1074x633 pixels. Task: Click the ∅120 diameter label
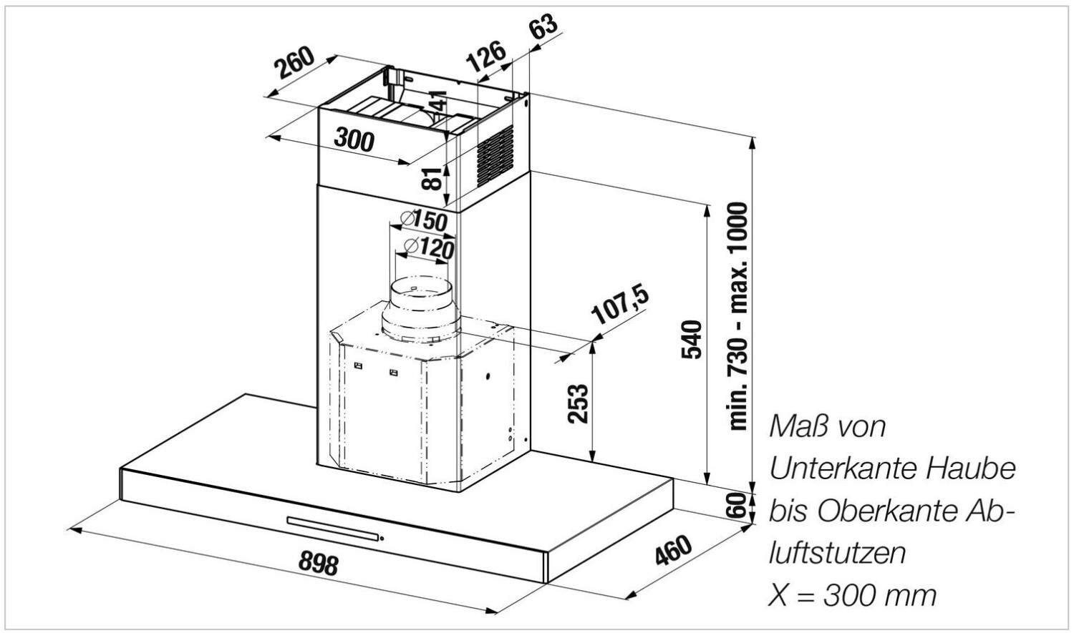pos(429,247)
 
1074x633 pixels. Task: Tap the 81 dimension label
pos(430,177)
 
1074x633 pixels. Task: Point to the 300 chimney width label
pos(354,139)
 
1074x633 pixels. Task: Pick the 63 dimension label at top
pos(544,29)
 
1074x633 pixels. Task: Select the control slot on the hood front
pos(334,528)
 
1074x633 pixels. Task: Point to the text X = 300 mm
pos(852,595)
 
